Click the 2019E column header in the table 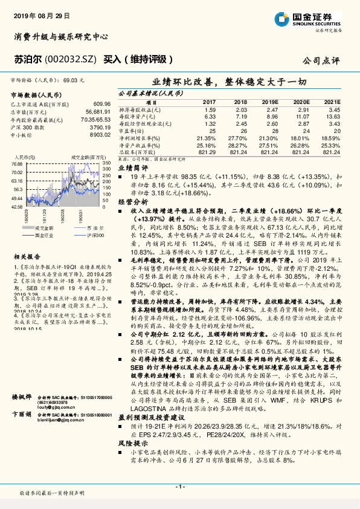tap(269, 103)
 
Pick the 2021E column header tap(332, 103)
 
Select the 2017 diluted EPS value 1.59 tap(210, 109)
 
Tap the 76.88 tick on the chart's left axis tap(16, 164)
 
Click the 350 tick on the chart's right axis tap(106, 164)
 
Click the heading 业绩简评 tap(132, 167)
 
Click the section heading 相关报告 tap(25, 256)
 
